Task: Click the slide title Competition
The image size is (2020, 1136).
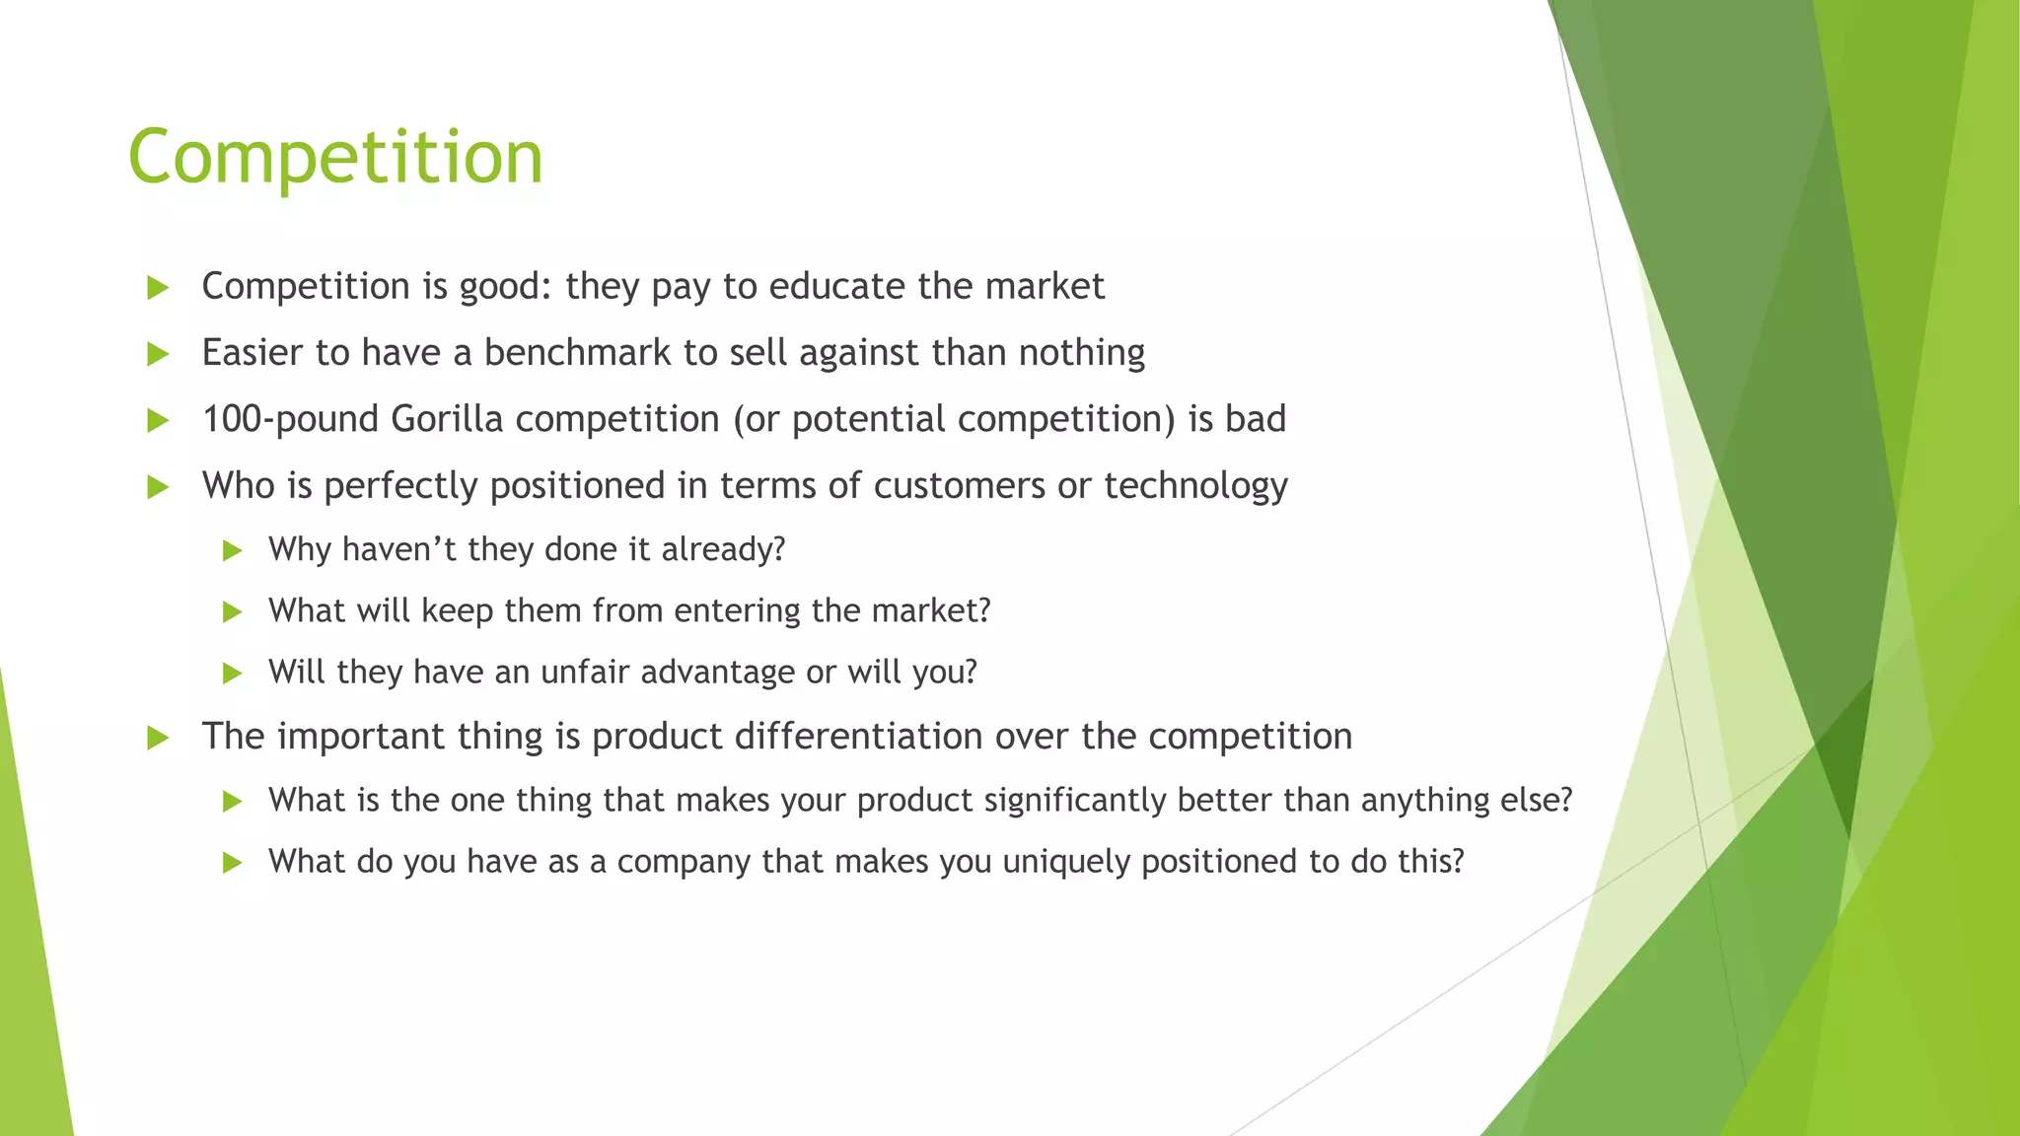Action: point(335,158)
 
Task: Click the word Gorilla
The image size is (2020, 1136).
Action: point(447,419)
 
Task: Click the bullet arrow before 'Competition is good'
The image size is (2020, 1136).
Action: point(158,288)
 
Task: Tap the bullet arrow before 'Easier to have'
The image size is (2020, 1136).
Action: point(158,354)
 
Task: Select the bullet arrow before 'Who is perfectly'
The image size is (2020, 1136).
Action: point(158,487)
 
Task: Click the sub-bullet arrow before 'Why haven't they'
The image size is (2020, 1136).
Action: point(233,550)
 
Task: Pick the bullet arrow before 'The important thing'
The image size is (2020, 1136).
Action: point(158,738)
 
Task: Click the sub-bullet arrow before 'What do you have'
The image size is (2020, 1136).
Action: point(233,864)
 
